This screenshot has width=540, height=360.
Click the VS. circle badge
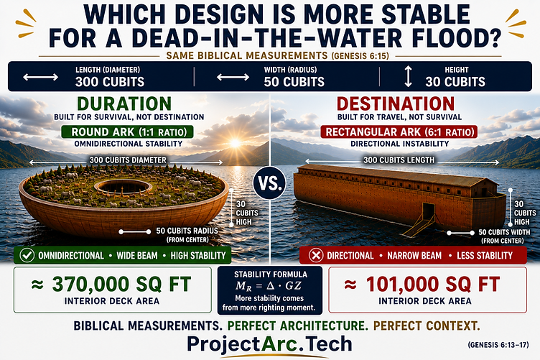coord(270,183)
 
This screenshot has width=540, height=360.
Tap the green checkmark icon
coord(27,256)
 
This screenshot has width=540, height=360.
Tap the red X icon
coord(315,256)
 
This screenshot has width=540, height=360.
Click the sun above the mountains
coord(236,142)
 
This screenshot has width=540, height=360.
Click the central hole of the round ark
coord(123,187)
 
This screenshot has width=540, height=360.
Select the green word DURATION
coord(124,103)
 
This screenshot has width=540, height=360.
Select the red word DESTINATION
coord(396,103)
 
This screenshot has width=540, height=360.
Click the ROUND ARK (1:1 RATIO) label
coord(127,131)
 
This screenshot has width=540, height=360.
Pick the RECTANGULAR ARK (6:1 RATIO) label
coord(399,131)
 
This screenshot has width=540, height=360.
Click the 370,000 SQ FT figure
coord(121,285)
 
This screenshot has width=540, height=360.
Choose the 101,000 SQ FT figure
coord(432,285)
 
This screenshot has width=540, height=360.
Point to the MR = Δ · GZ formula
coord(269,285)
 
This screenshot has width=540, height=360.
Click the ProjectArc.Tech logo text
coord(269,343)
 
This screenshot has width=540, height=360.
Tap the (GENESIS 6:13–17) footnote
coord(498,344)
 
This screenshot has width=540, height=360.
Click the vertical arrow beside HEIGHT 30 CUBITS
coord(408,76)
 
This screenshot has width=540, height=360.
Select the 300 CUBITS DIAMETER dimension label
coord(128,160)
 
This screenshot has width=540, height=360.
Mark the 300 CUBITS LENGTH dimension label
coord(399,160)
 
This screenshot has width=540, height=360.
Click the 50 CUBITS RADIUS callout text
coord(187,231)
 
